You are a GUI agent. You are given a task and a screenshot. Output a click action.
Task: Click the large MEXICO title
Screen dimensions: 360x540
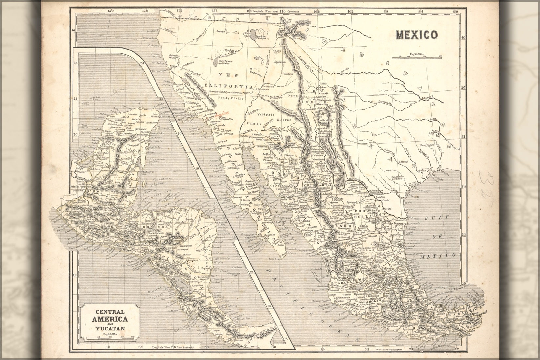pos(416,34)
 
